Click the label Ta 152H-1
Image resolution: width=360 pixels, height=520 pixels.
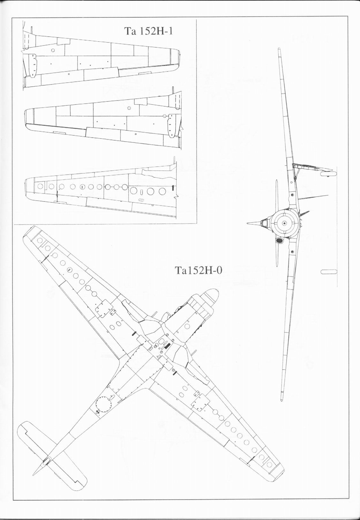[x=148, y=31]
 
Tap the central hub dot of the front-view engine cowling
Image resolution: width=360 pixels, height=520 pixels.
[x=284, y=223]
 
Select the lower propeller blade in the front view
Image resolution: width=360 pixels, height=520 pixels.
[x=276, y=253]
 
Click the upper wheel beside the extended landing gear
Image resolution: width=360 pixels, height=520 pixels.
[x=328, y=173]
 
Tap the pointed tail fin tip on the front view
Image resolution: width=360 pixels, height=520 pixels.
[x=248, y=223]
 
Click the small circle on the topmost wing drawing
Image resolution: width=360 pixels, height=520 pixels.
[x=53, y=50]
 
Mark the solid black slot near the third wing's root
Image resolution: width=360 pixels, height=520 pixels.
[x=172, y=188]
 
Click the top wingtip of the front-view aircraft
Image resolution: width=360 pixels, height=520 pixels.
[x=280, y=49]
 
